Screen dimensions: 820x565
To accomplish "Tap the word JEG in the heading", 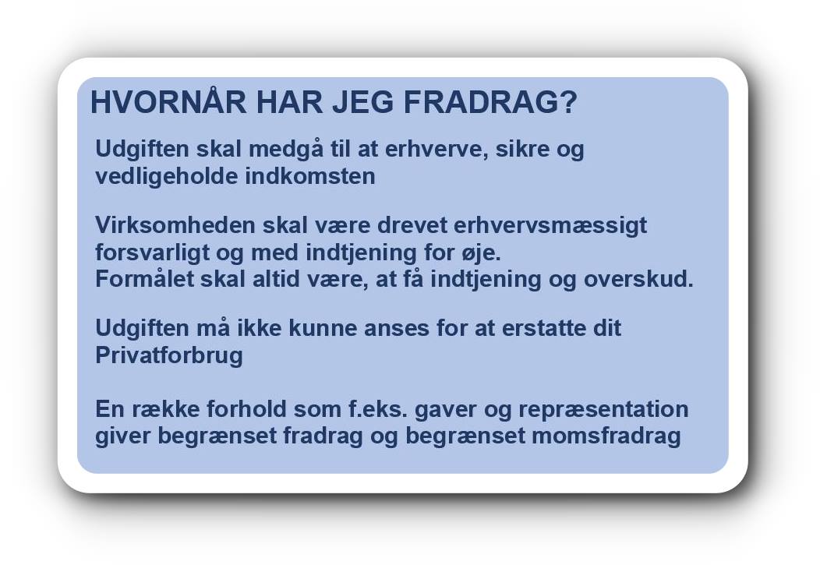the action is [x=363, y=102].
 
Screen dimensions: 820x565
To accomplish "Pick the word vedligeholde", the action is [x=167, y=177].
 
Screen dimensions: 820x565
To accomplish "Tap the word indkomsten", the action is [x=310, y=176].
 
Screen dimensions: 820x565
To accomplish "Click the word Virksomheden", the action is [x=175, y=225].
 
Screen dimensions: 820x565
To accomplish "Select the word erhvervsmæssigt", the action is [x=550, y=227].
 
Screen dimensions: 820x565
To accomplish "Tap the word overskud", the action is [x=638, y=278].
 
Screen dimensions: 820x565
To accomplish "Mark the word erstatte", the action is [x=544, y=328].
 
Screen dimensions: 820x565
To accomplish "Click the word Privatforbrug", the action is [x=169, y=356].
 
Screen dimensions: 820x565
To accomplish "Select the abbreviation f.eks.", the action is [x=378, y=408].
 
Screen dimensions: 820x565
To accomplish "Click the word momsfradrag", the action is [x=606, y=436].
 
